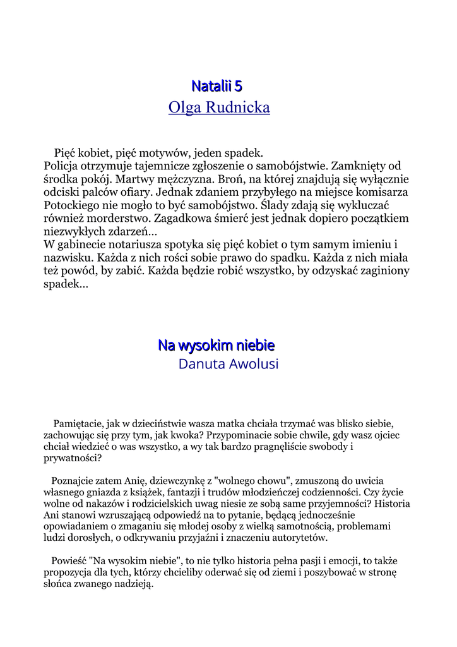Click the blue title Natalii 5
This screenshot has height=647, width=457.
click(x=217, y=85)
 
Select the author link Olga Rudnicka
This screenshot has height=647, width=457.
click(x=219, y=108)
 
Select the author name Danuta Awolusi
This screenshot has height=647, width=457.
click(x=228, y=365)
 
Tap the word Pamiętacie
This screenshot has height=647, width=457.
click(x=80, y=423)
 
